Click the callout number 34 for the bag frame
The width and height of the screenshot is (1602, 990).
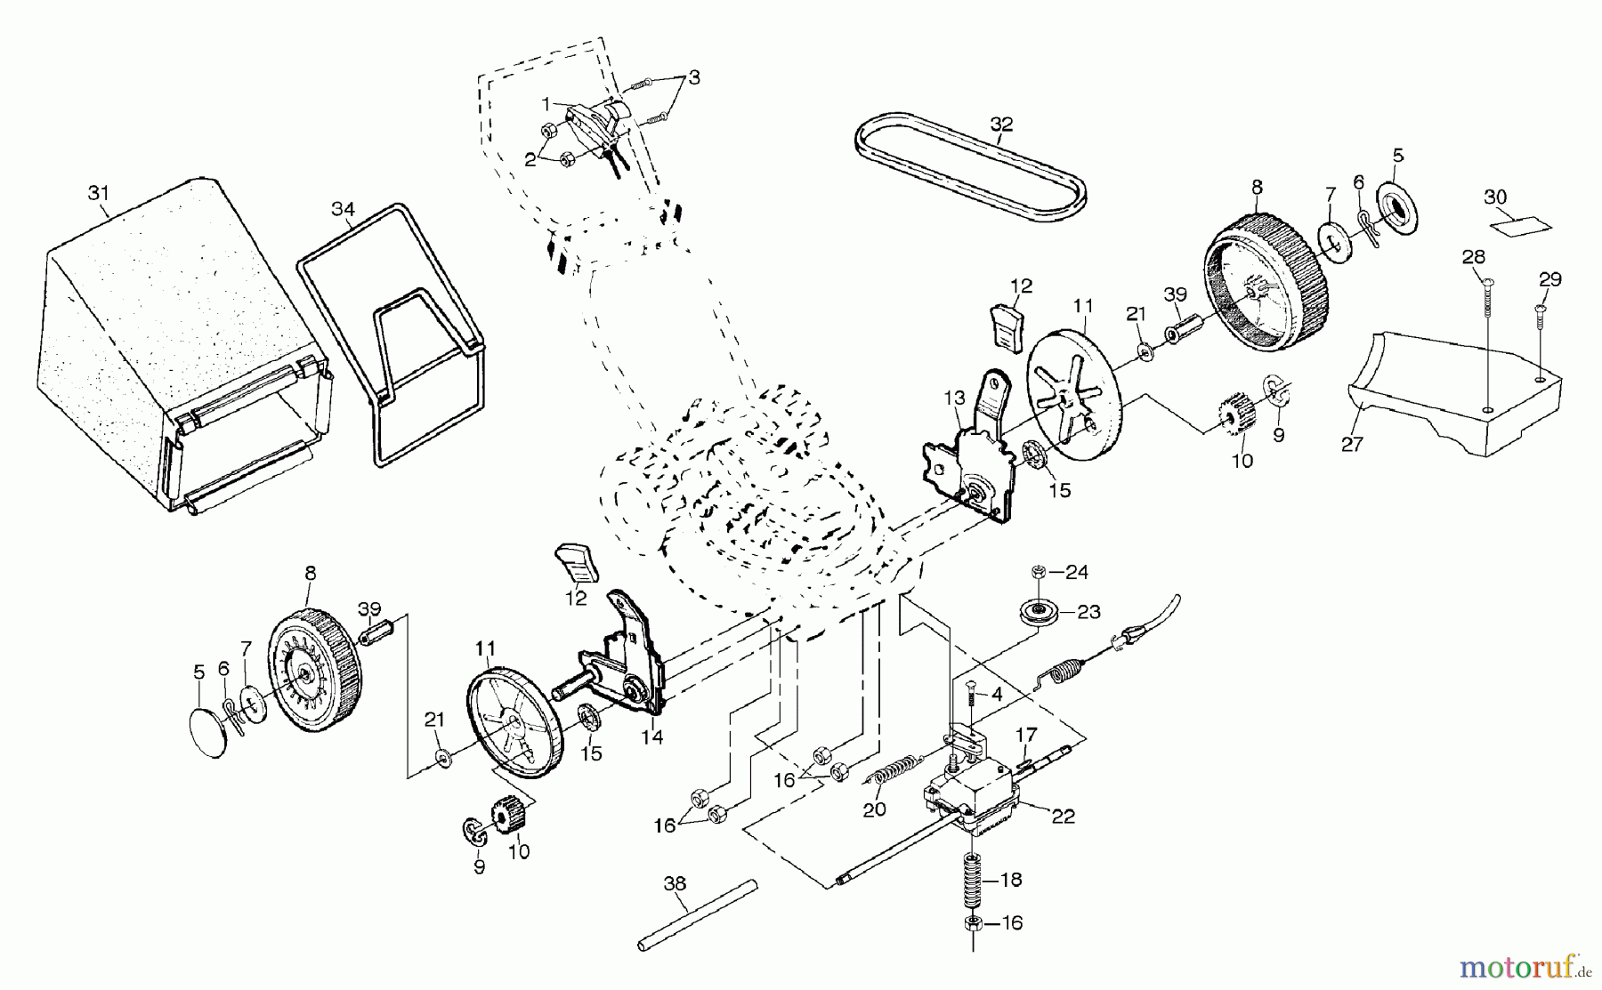pos(343,209)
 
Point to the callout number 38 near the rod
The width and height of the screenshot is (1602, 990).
pos(676,883)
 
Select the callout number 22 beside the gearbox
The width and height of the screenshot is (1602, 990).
pos(1063,816)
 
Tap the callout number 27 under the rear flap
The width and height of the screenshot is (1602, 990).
pos(1352,444)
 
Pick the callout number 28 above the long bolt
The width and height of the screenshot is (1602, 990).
pos(1474,257)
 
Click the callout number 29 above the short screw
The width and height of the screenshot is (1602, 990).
pos(1550,279)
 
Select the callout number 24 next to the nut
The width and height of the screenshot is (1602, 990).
pos(1077,572)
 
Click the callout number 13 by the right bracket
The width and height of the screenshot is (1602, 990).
pos(954,398)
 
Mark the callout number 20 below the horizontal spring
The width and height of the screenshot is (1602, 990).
pos(875,809)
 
